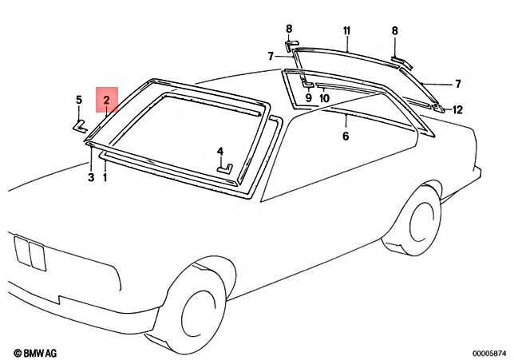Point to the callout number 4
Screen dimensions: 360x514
(x=220, y=151)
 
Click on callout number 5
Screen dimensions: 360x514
(x=79, y=100)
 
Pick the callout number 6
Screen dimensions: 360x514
(x=346, y=136)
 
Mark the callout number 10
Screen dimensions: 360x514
(x=324, y=98)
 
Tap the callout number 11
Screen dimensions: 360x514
(x=347, y=31)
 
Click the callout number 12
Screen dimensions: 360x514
(x=458, y=109)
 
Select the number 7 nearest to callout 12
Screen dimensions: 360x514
(x=458, y=83)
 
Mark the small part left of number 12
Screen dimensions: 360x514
(x=438, y=106)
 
